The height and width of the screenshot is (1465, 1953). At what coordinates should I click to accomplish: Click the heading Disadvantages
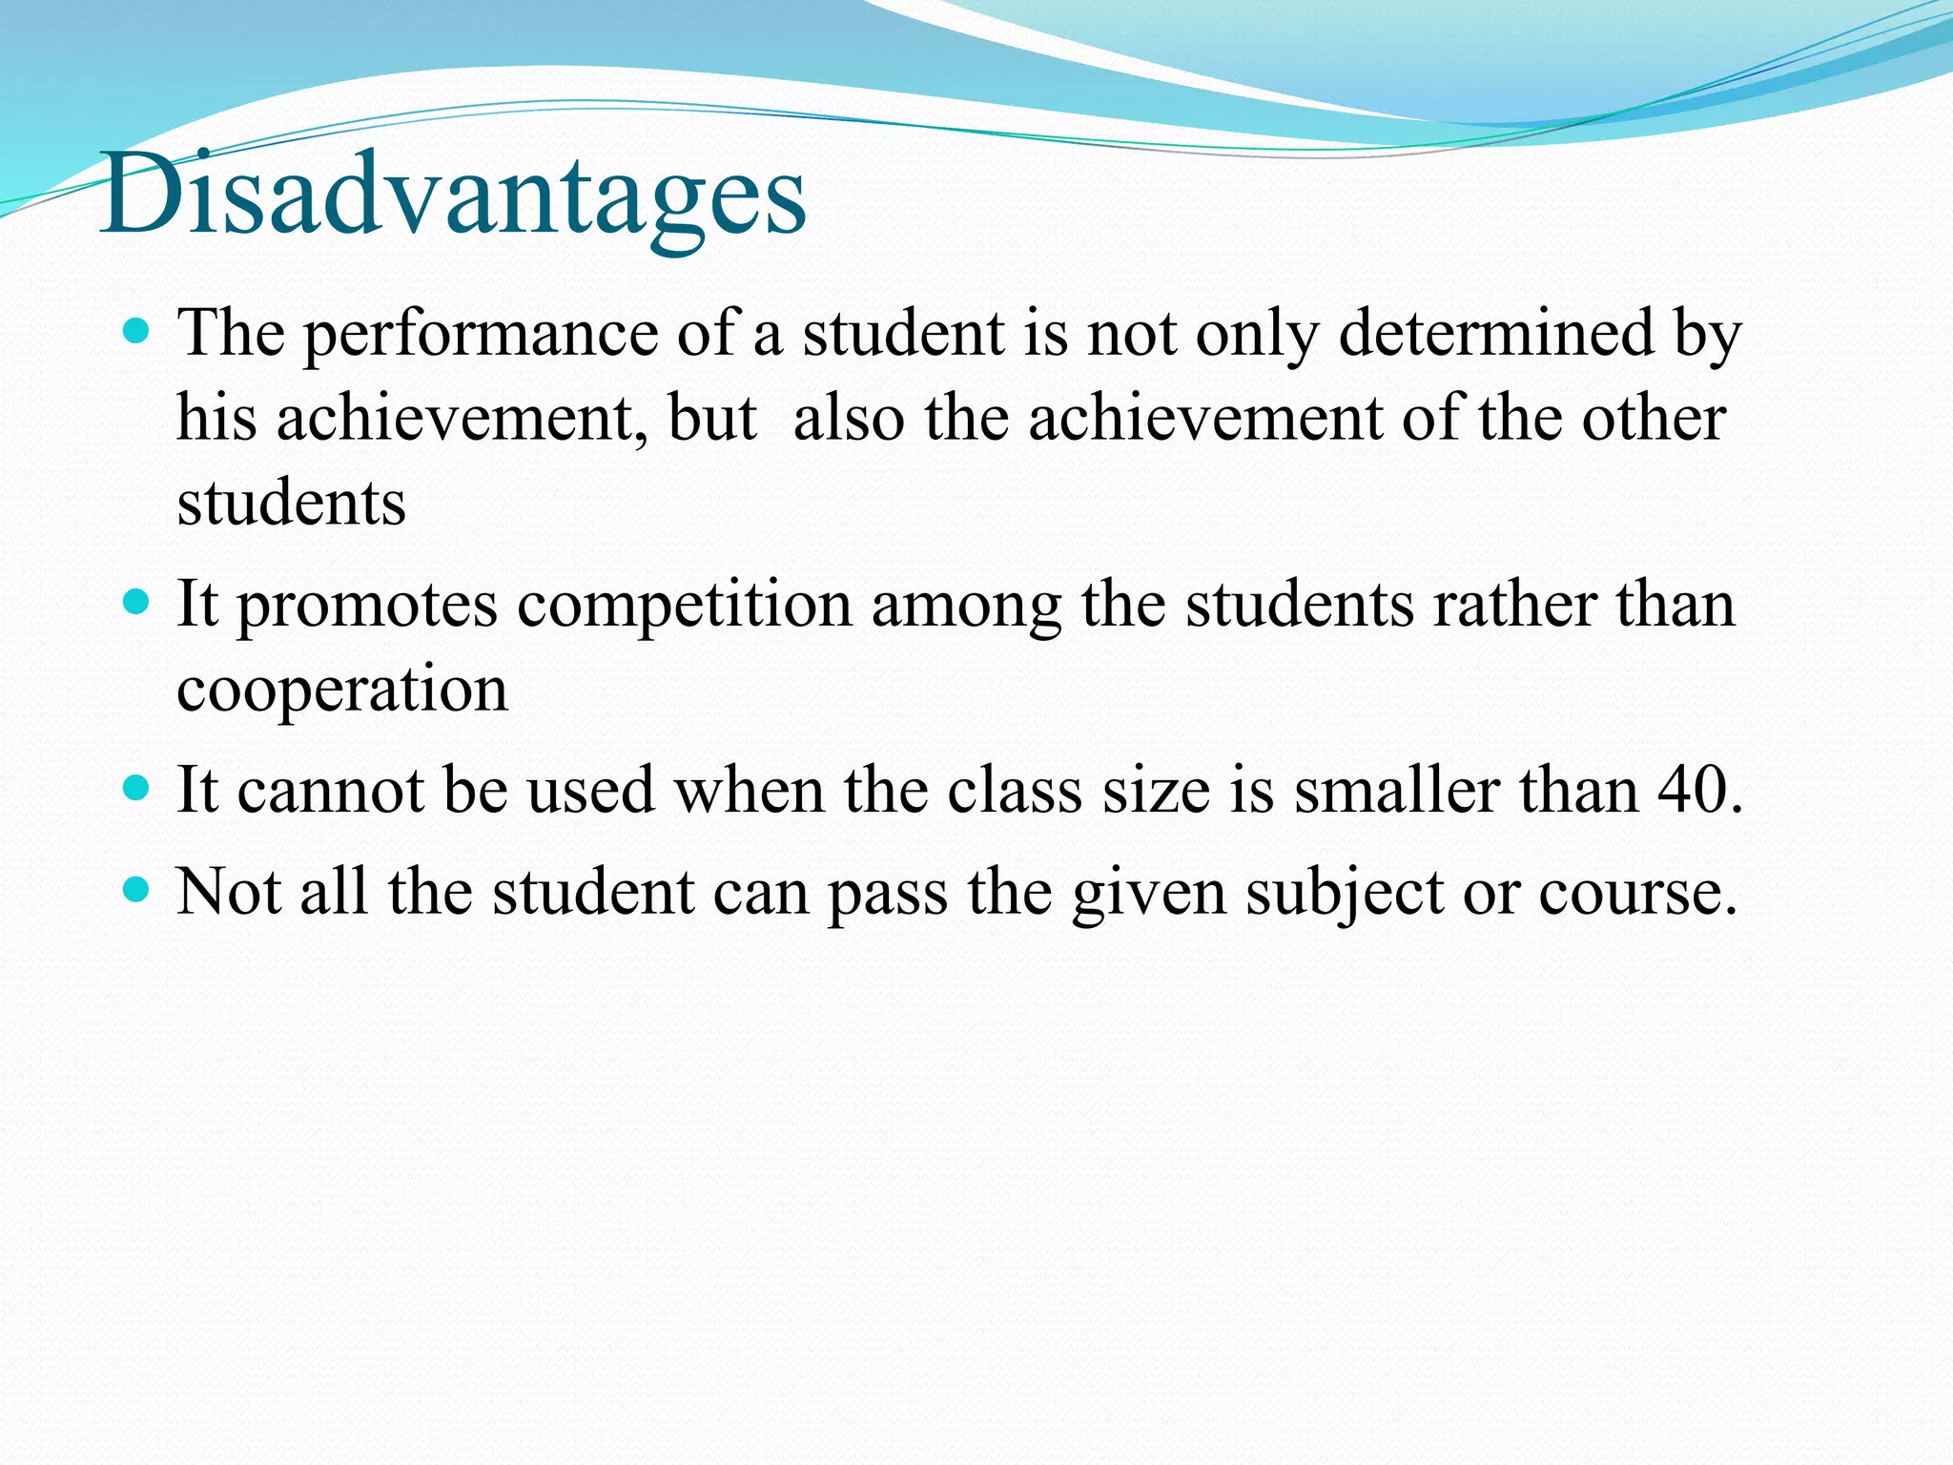(x=453, y=196)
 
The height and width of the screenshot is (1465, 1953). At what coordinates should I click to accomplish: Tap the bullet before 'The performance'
(x=137, y=332)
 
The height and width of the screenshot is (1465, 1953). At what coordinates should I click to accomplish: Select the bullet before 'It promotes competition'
(x=137, y=603)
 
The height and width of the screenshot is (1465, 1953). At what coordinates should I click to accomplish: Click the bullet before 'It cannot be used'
(x=137, y=789)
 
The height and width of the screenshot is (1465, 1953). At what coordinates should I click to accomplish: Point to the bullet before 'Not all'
(x=137, y=891)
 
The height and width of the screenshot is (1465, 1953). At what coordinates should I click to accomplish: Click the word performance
(x=481, y=336)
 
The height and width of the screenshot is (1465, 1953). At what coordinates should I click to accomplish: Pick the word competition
(x=685, y=607)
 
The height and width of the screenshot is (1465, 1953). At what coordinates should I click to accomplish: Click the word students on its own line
(x=291, y=503)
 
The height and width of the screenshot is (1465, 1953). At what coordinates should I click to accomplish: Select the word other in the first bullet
(x=1654, y=419)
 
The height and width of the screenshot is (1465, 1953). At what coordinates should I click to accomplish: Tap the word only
(x=1257, y=336)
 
